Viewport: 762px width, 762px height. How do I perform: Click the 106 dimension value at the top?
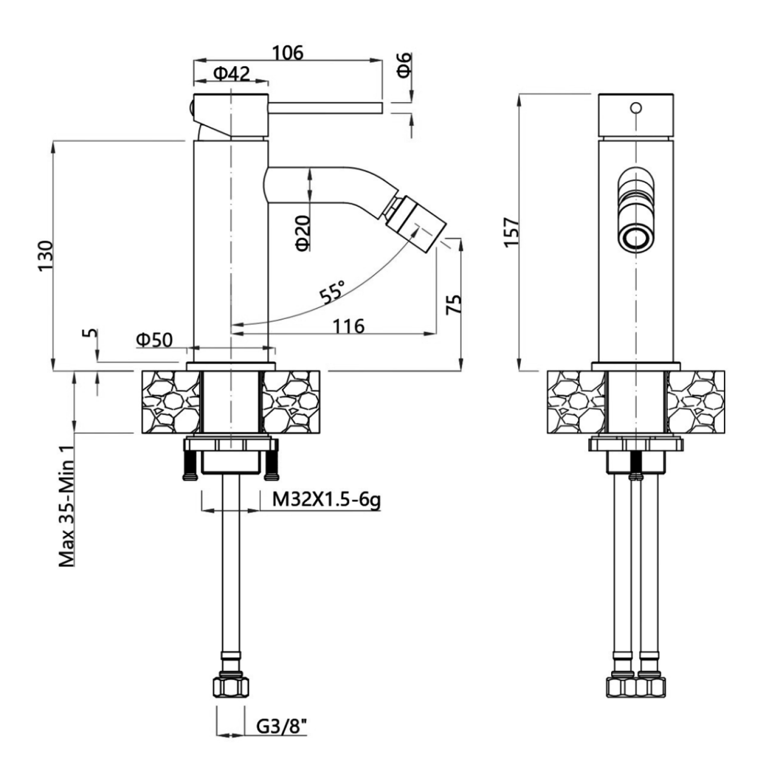tap(288, 52)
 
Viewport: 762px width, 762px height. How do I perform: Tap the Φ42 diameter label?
tap(232, 74)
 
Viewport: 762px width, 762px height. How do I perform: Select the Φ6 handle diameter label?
tap(404, 65)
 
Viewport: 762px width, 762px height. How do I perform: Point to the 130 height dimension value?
tap(45, 256)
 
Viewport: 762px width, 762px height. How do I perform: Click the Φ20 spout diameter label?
tap(303, 233)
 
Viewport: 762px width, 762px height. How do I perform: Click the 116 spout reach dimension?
tap(348, 325)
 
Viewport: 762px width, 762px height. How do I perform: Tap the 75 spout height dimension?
tap(454, 303)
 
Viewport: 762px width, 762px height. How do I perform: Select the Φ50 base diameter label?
tap(154, 340)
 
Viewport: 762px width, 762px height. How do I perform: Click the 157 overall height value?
tap(512, 232)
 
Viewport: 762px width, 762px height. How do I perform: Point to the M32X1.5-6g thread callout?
tap(326, 500)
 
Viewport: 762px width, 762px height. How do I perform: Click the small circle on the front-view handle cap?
tap(636, 108)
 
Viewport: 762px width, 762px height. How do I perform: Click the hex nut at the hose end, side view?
tap(230, 686)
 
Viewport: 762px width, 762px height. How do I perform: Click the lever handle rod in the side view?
tap(325, 107)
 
